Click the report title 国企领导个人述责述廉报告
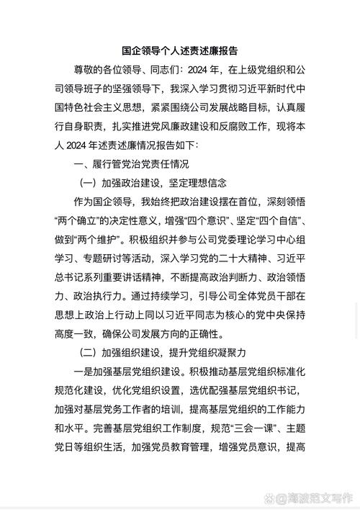click(x=179, y=51)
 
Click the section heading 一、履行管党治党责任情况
click(x=131, y=164)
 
